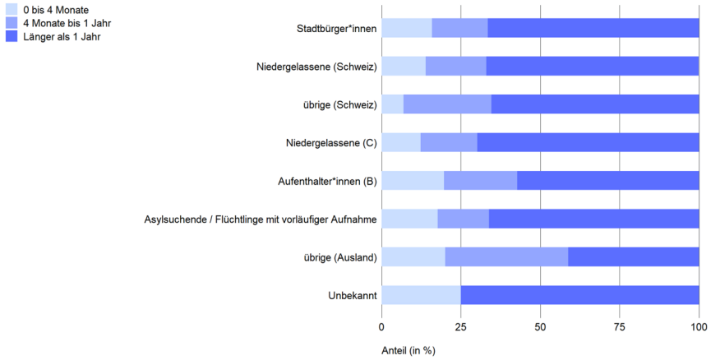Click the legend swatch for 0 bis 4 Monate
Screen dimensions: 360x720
point(12,10)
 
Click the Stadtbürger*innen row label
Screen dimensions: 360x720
point(336,29)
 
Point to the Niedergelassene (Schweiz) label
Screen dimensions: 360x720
point(316,67)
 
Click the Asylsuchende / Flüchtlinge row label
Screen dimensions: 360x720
point(261,219)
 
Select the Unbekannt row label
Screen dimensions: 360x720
point(353,296)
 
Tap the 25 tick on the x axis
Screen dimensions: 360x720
point(461,327)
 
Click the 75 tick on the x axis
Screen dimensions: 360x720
point(620,327)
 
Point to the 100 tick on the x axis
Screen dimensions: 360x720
point(699,327)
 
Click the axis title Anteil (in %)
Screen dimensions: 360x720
point(408,349)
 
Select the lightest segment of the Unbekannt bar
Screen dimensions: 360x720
point(421,295)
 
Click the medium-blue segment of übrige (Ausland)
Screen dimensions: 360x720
point(506,257)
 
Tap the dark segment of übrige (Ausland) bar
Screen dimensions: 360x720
point(633,257)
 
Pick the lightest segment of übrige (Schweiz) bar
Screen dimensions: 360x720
point(393,104)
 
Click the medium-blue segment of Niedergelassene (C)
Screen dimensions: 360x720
point(449,142)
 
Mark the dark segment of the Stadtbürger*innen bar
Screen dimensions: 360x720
point(593,28)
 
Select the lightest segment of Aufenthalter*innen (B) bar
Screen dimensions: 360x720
point(413,181)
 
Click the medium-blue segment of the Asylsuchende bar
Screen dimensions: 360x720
point(463,219)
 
